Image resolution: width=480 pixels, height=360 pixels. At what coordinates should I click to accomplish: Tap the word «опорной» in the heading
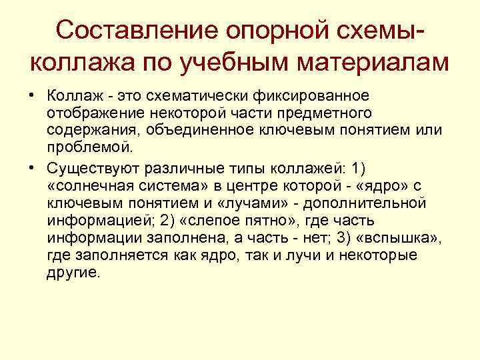pyautogui.click(x=266, y=31)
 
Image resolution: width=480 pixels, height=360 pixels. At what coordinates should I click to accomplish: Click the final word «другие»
pyautogui.click(x=73, y=272)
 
